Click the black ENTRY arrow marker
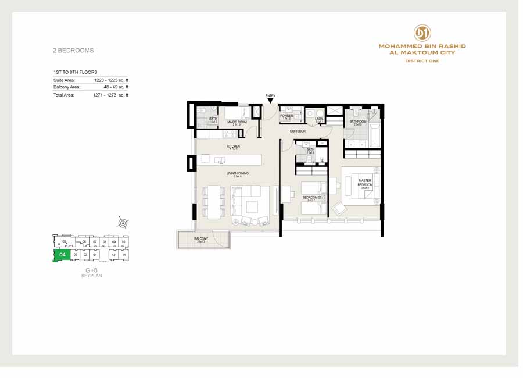[270, 101]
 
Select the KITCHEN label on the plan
[234, 147]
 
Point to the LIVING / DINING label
[237, 173]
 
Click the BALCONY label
[201, 238]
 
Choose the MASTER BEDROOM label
[365, 183]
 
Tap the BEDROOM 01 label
[311, 198]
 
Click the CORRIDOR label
[298, 131]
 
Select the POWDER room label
[286, 116]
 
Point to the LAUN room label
[319, 119]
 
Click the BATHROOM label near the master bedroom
[357, 122]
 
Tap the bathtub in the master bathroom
[374, 134]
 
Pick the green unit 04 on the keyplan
[62, 255]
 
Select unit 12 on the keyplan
[114, 255]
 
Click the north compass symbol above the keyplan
[123, 222]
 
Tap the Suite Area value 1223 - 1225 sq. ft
[111, 80]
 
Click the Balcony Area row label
[67, 87]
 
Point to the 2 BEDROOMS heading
[73, 51]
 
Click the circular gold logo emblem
[422, 33]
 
